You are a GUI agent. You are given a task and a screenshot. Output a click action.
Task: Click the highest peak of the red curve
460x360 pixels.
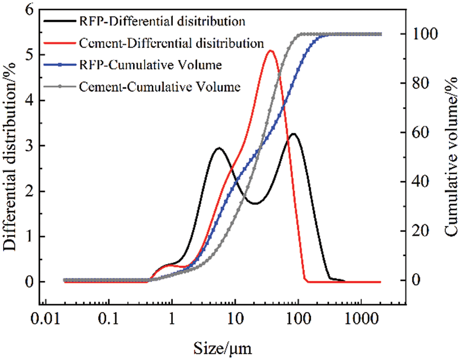click(x=271, y=51)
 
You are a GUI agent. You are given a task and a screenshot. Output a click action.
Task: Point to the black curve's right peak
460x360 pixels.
click(x=293, y=134)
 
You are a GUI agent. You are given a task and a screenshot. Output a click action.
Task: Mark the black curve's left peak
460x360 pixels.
click(x=219, y=148)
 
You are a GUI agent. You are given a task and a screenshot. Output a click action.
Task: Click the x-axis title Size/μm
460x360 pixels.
click(x=222, y=348)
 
